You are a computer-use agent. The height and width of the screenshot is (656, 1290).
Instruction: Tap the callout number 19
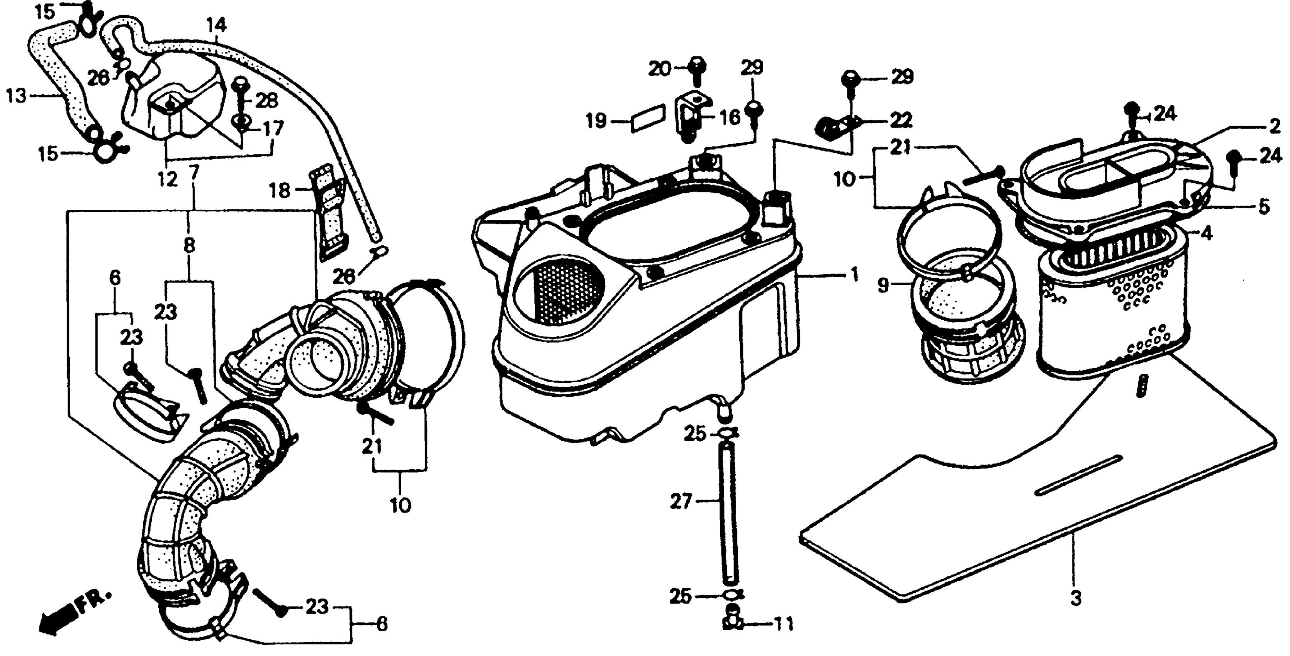(x=596, y=121)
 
